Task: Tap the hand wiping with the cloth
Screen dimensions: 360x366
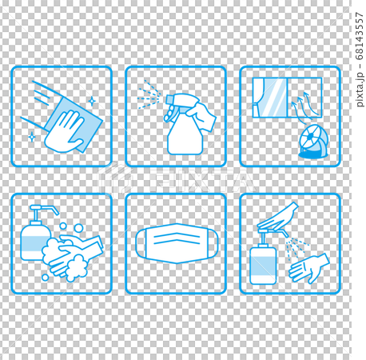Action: coord(66,133)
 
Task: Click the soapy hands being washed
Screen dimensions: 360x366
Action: coord(72,252)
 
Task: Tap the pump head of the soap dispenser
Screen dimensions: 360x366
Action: coord(42,210)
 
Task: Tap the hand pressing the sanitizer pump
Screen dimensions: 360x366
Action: coord(279,215)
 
